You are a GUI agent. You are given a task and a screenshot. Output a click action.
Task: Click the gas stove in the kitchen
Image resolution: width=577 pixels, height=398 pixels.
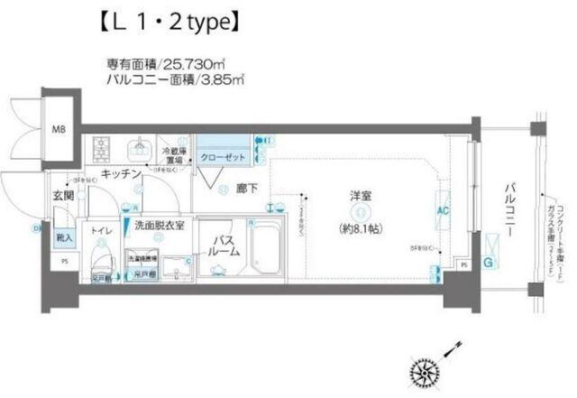click(x=98, y=146)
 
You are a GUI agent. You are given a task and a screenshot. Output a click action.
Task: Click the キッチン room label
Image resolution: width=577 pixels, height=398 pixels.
click(x=119, y=172)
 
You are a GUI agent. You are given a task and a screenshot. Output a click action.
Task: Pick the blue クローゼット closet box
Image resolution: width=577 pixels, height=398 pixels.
click(x=221, y=155)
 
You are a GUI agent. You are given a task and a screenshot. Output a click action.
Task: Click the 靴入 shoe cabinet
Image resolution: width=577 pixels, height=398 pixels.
click(x=64, y=239)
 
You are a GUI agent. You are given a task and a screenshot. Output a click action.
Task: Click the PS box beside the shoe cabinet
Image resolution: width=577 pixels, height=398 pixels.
click(x=63, y=261)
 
